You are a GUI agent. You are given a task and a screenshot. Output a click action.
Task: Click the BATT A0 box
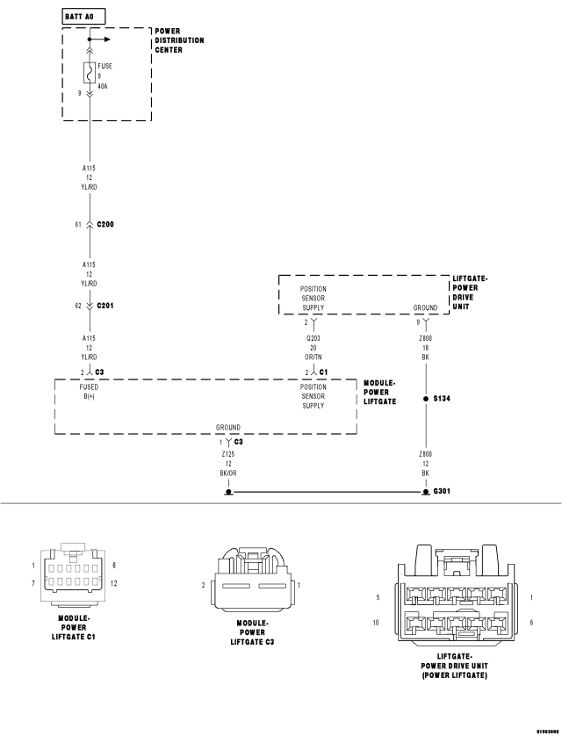pyautogui.click(x=83, y=17)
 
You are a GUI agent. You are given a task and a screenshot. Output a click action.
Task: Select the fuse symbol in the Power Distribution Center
pyautogui.click(x=90, y=73)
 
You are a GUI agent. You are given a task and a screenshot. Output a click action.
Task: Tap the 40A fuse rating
pyautogui.click(x=102, y=86)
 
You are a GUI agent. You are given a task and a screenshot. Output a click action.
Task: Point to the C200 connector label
pyautogui.click(x=105, y=224)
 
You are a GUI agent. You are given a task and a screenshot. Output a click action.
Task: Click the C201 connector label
pyautogui.click(x=105, y=306)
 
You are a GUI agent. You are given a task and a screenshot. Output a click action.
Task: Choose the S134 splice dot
pyautogui.click(x=426, y=399)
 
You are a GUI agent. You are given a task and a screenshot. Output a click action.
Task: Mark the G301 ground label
pyautogui.click(x=442, y=491)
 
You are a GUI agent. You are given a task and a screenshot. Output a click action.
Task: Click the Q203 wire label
pyautogui.click(x=313, y=338)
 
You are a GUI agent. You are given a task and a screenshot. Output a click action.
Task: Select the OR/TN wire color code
pyautogui.click(x=313, y=357)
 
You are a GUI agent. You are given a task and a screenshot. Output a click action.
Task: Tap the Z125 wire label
pyautogui.click(x=228, y=454)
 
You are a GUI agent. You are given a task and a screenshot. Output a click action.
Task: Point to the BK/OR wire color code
pyautogui.click(x=228, y=473)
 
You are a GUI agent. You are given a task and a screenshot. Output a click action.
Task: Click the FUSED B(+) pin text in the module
pyautogui.click(x=89, y=392)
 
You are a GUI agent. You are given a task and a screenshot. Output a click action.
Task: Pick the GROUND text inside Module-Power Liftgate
pyautogui.click(x=228, y=427)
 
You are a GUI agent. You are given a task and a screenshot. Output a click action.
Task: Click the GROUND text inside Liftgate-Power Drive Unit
pyautogui.click(x=425, y=307)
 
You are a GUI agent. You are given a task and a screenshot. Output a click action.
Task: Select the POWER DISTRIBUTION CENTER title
pyautogui.click(x=179, y=40)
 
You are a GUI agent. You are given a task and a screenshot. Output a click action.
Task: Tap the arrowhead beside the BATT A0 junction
pyautogui.click(x=107, y=40)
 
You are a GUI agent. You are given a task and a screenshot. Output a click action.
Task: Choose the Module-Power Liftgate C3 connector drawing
pyautogui.click(x=251, y=581)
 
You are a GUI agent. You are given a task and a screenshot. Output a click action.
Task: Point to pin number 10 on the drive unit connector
pyautogui.click(x=376, y=623)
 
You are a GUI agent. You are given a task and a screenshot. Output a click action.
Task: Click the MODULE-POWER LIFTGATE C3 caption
pyautogui.click(x=252, y=632)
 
